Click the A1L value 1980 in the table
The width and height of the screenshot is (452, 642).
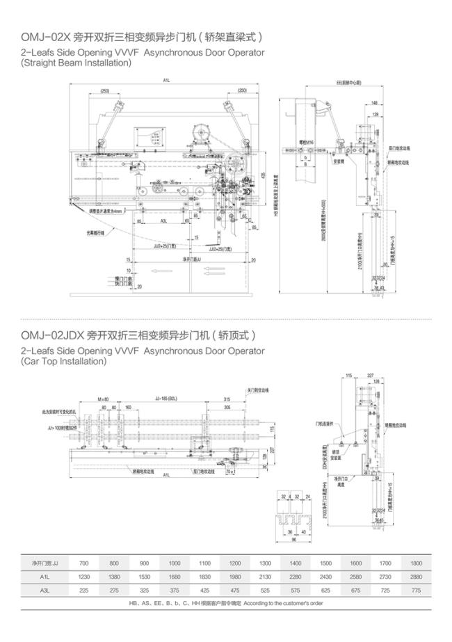tap(235, 576)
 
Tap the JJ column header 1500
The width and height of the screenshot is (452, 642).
tap(326, 562)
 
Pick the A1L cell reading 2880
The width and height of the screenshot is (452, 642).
tap(417, 576)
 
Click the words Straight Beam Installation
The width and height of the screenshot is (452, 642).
tap(76, 63)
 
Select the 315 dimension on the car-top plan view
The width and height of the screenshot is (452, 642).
tap(227, 399)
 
